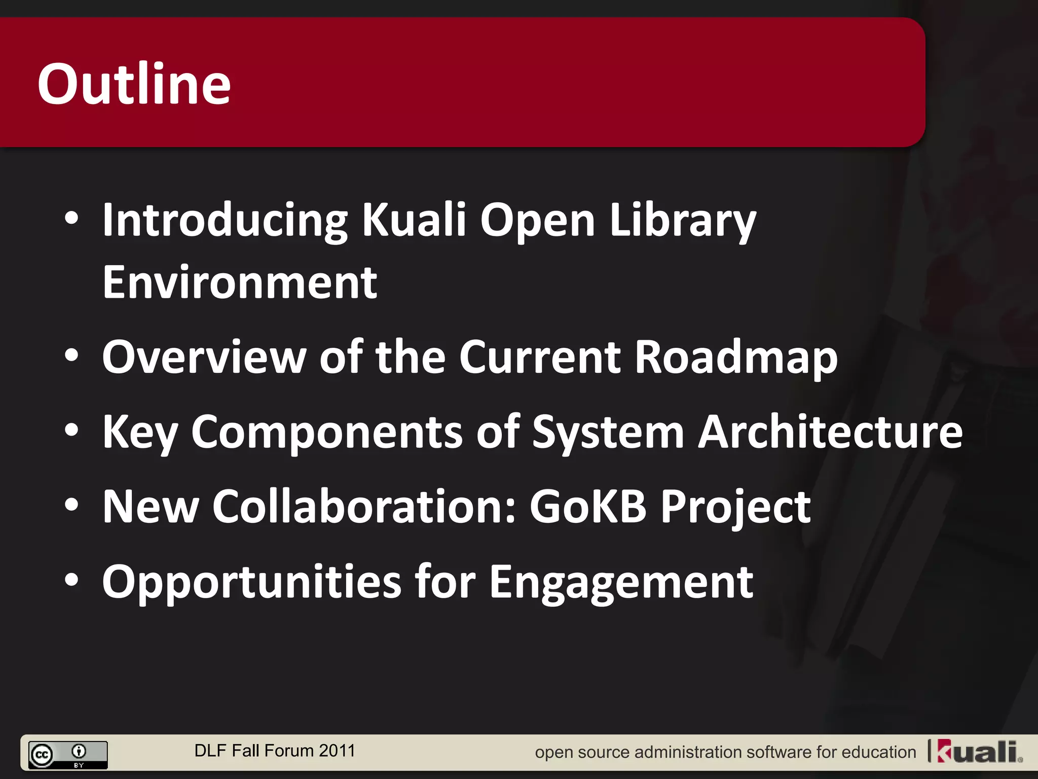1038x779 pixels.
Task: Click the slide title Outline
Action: pos(134,84)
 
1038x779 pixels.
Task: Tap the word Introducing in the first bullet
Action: pos(225,221)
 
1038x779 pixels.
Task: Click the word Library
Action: pos(682,221)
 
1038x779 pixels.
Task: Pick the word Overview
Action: pos(204,357)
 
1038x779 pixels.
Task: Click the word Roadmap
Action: pos(736,358)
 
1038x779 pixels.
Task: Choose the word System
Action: pos(608,433)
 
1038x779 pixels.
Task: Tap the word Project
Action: pos(735,507)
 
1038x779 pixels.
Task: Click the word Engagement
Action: pos(621,582)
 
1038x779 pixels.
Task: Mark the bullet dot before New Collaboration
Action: pos(72,505)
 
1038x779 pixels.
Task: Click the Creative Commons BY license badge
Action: pos(68,755)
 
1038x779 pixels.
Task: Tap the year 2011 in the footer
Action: pos(337,751)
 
